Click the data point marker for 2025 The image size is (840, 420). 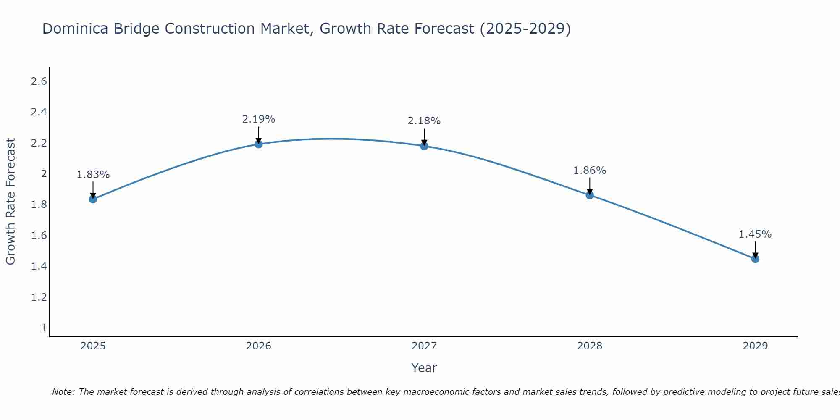(x=93, y=199)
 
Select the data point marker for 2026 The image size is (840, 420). (x=259, y=144)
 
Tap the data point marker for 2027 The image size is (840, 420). (x=424, y=146)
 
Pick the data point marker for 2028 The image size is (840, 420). (x=590, y=195)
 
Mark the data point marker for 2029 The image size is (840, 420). (x=755, y=259)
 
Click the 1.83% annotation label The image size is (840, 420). (x=93, y=175)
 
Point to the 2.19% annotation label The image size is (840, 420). (x=259, y=119)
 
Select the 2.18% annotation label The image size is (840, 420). (x=424, y=121)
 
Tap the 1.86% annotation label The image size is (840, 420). (x=590, y=171)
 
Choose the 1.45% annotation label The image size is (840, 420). (x=755, y=234)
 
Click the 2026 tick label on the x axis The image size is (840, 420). (x=259, y=346)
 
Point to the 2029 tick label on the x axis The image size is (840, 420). (x=755, y=346)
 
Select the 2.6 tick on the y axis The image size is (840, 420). (x=39, y=81)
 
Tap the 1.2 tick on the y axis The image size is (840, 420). (x=39, y=297)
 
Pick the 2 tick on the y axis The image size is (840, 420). (x=43, y=174)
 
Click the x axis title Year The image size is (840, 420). (x=424, y=368)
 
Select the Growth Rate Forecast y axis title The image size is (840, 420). (x=11, y=202)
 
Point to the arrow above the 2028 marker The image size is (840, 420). (x=590, y=186)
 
